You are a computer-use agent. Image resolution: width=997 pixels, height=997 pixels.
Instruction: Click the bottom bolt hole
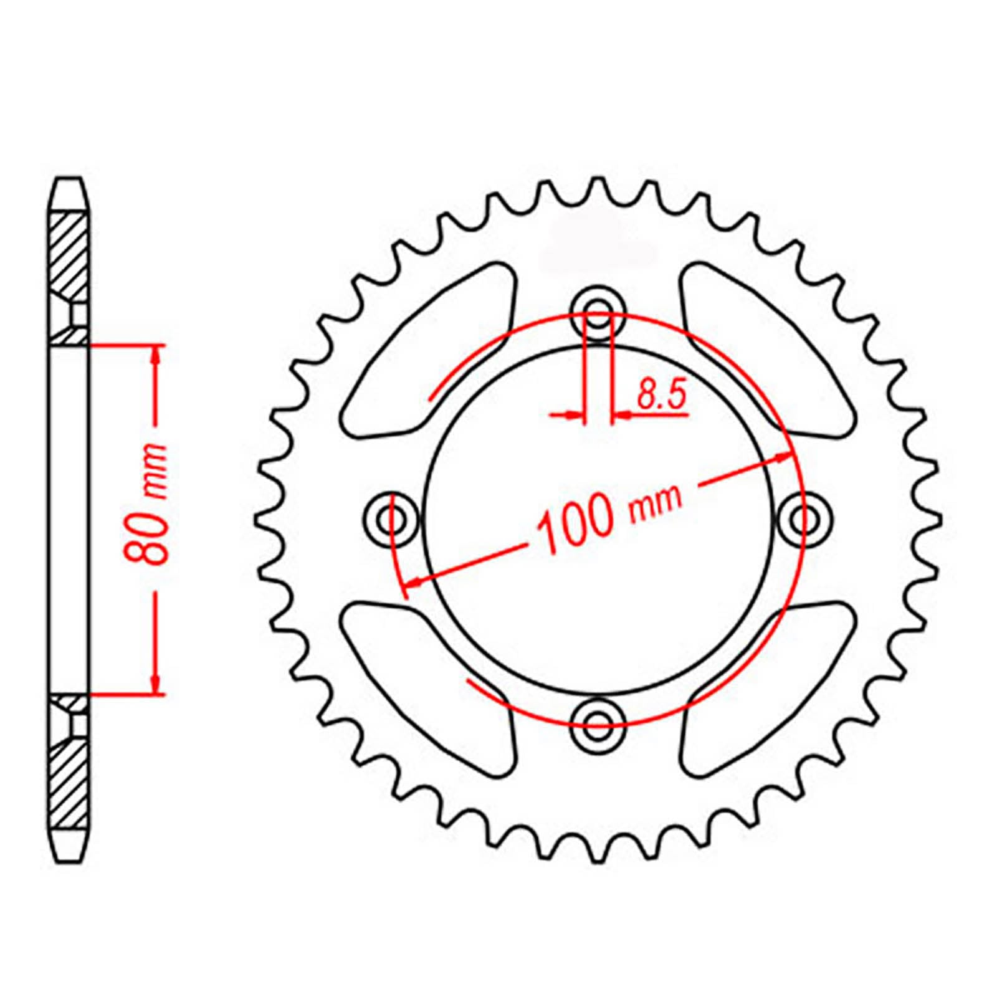point(598,722)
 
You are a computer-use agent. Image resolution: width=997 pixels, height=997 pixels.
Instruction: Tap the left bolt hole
point(392,518)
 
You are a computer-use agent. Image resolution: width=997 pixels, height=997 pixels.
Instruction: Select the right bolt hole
point(803,518)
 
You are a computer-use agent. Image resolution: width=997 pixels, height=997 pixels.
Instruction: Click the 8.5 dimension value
point(661,395)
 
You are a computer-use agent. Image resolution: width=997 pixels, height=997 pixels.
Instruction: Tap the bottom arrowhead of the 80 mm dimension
point(156,685)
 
